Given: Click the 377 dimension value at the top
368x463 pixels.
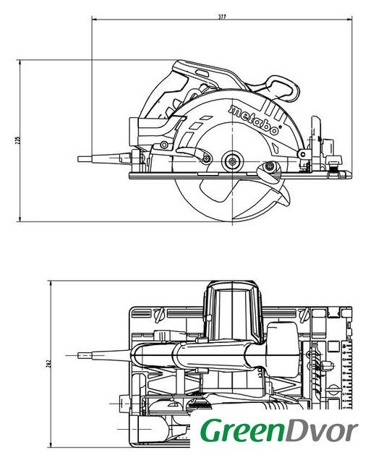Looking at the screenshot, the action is point(222,17).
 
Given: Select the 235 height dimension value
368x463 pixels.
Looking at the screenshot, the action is point(17,140).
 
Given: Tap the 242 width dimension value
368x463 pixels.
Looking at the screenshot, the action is point(49,362).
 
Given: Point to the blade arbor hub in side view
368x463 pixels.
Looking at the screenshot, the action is point(233,161).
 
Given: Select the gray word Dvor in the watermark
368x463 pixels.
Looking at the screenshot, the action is point(322,430).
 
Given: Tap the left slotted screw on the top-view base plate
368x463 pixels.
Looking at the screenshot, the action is point(159,315).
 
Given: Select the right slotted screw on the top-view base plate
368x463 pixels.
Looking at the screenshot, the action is point(304,315).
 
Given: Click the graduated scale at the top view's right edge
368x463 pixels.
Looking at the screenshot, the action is point(348,375).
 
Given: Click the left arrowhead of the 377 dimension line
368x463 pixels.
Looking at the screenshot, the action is point(94,20).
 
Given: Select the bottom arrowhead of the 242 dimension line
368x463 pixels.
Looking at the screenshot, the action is point(51,445).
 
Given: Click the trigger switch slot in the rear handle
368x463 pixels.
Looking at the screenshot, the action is point(202,73).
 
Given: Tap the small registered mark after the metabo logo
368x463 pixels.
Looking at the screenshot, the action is point(280,127).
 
